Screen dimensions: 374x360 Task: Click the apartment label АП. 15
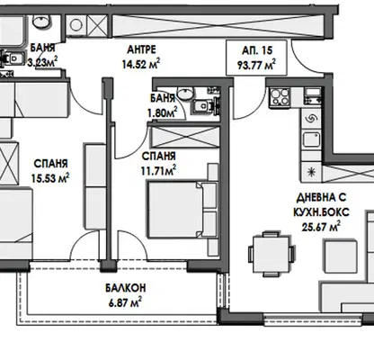point(257,50)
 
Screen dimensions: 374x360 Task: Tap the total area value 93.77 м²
point(256,65)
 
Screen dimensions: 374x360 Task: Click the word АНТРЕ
point(141,49)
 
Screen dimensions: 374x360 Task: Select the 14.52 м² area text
point(141,64)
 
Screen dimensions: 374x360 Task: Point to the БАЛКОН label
point(126,288)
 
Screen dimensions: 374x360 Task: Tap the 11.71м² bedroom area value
point(158,171)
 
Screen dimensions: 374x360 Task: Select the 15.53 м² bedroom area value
point(50,177)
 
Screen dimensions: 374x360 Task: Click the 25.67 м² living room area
point(321,227)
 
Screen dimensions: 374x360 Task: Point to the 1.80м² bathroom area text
point(162,112)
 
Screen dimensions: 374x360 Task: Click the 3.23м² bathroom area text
point(42,62)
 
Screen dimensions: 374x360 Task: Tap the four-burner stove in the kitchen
point(280,97)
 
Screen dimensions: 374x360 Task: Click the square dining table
point(272,254)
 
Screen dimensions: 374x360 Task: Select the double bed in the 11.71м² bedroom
point(183,209)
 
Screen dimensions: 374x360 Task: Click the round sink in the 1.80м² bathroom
point(185,93)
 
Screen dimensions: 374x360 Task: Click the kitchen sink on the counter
point(312,139)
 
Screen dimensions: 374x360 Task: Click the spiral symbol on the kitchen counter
point(311,120)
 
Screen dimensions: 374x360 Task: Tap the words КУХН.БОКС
point(321,212)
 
